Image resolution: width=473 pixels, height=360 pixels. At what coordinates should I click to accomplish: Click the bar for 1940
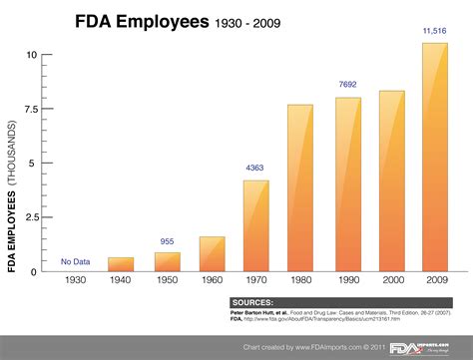(121, 264)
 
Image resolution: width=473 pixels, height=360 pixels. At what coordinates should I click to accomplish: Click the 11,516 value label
(436, 32)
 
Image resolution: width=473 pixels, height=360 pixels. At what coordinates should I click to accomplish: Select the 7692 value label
(346, 86)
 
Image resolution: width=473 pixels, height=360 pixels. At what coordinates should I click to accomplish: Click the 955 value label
(167, 241)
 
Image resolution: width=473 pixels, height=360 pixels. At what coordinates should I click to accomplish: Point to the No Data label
(75, 261)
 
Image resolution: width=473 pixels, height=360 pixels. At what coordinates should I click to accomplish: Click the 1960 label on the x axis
(211, 282)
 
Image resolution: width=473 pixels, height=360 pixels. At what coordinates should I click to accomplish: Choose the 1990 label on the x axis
(346, 282)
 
